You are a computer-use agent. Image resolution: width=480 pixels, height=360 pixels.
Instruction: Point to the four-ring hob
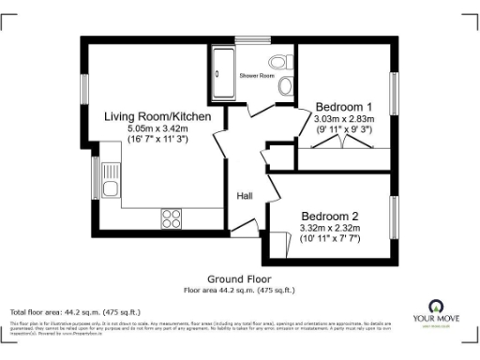(172, 218)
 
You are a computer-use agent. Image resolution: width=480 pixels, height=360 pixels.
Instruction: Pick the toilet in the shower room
(286, 86)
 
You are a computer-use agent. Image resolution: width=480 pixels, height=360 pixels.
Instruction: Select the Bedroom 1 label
(343, 106)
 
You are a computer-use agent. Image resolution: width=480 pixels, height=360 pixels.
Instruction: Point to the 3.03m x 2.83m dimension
(343, 119)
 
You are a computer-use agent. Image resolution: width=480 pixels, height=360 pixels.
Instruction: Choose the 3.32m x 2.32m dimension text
(331, 228)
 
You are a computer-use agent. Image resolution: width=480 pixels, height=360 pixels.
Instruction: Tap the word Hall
(245, 196)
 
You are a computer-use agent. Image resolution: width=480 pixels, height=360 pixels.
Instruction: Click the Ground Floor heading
(239, 279)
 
